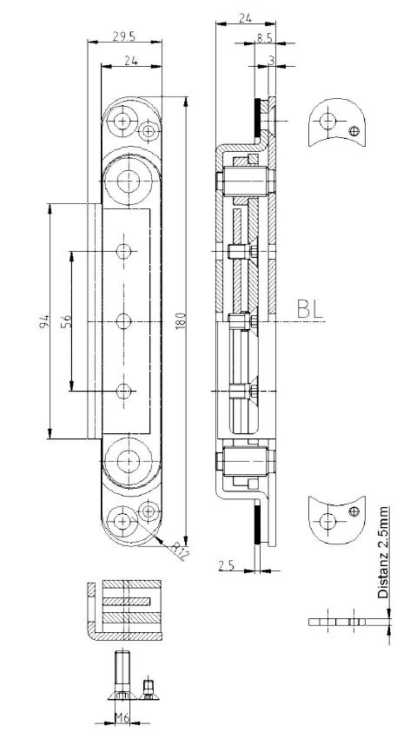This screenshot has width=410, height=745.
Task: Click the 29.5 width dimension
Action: (124, 36)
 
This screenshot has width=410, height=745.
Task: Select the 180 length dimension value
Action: (181, 320)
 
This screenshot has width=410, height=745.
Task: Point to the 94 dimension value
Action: (44, 321)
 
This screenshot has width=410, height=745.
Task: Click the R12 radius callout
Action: (178, 551)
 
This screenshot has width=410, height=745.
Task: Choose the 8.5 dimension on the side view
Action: (265, 38)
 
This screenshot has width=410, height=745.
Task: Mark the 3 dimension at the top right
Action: (271, 60)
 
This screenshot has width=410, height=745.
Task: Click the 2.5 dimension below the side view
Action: (227, 565)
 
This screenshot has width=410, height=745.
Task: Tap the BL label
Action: (310, 309)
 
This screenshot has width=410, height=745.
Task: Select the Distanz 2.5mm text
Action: (383, 552)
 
